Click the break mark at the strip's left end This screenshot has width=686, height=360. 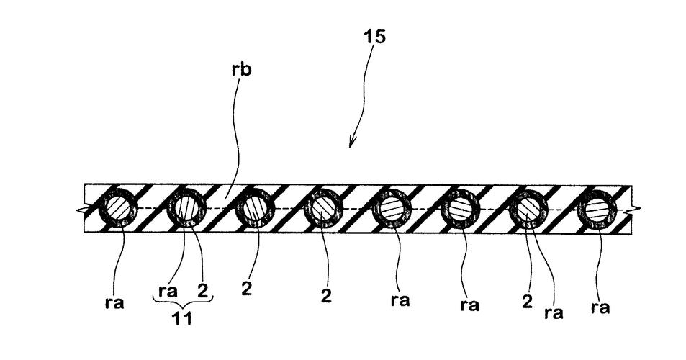[x=78, y=209]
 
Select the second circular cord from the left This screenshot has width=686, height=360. [x=186, y=208]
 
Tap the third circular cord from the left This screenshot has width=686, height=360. [x=254, y=208]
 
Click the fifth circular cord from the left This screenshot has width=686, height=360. [x=392, y=208]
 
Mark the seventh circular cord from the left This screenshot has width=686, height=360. [x=529, y=208]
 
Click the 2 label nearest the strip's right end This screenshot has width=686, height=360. [x=528, y=301]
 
